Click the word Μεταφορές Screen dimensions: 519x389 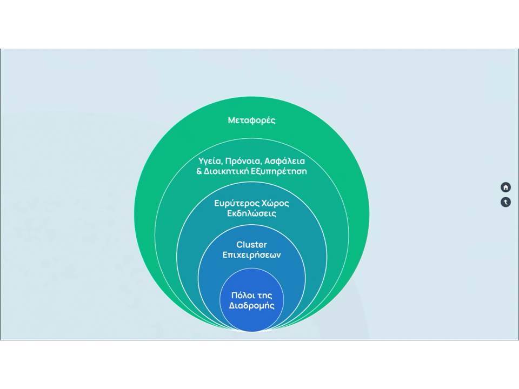251,120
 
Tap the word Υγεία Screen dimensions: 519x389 210,162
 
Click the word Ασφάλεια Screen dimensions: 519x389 285,161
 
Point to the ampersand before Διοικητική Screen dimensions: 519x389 199,171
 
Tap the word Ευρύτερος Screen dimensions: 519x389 236,203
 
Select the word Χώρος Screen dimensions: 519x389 275,203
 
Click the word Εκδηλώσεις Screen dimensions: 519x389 251,213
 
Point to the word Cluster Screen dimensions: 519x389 251,245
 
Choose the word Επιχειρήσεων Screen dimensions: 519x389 251,255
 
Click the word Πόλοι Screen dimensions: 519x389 243,295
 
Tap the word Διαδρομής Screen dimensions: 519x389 252,305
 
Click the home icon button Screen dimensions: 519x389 505,187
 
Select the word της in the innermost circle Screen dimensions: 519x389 265,296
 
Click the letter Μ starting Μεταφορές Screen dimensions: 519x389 232,120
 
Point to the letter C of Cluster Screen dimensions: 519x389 239,245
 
